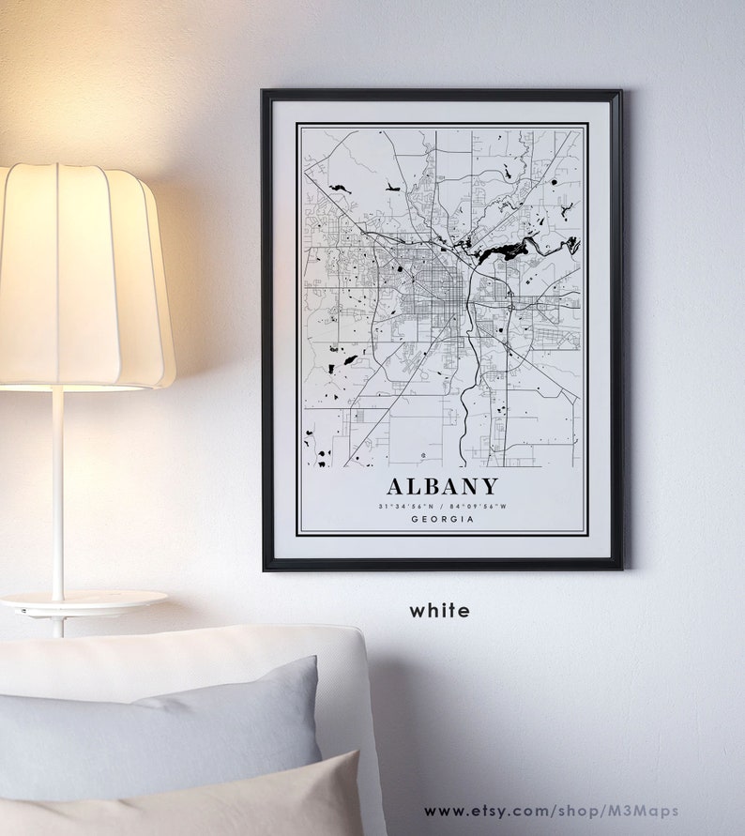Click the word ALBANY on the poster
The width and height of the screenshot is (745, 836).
[442, 486]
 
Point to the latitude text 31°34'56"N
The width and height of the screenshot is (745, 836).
[406, 506]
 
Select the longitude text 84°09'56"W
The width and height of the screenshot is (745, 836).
[478, 506]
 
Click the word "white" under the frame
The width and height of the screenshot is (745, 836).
[439, 611]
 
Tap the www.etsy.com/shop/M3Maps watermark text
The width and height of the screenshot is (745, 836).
[551, 811]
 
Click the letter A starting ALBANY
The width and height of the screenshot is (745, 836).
[396, 486]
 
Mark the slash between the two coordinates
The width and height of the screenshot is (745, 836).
[442, 506]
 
